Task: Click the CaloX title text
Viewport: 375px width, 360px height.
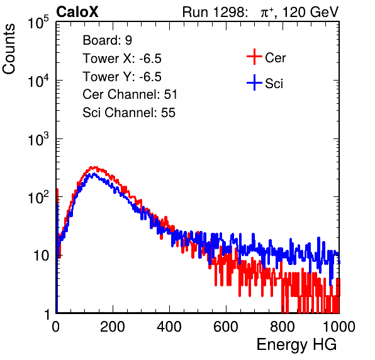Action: pos(77,12)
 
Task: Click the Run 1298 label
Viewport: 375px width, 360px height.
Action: pos(214,12)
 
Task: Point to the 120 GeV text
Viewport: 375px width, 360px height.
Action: pos(311,12)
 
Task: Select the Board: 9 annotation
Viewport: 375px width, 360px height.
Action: pos(107,40)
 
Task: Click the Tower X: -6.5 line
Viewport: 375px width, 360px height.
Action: pos(122,58)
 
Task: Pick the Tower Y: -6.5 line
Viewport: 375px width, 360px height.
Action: pos(122,76)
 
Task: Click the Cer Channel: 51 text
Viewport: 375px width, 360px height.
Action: pos(130,94)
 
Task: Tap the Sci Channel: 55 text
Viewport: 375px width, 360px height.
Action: pos(129,113)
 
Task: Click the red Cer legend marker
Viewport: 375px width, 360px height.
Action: pos(254,57)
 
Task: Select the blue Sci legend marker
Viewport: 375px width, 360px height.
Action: pos(254,83)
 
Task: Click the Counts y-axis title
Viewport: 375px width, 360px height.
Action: pos(9,49)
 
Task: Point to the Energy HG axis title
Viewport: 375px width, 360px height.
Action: pos(296,345)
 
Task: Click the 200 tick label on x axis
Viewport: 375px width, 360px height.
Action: pos(113,327)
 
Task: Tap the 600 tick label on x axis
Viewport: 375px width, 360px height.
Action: pos(226,327)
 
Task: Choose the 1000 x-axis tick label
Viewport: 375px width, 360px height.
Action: pos(339,327)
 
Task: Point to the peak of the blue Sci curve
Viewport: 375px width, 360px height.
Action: pos(94,174)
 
